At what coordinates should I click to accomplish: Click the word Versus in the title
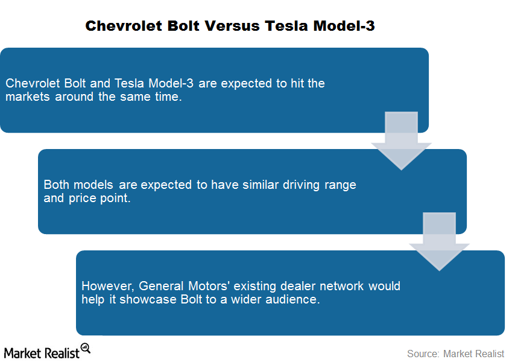[x=232, y=26]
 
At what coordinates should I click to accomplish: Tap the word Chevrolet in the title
[x=124, y=26]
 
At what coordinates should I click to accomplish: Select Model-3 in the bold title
[x=344, y=26]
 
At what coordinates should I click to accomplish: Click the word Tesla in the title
[x=286, y=26]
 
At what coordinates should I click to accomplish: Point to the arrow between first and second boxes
[x=401, y=141]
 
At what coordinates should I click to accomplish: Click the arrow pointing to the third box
[x=439, y=241]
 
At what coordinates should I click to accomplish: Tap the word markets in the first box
[x=28, y=97]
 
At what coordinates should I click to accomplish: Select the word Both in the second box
[x=56, y=185]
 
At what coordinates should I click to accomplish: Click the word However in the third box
[x=107, y=287]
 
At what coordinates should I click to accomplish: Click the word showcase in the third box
[x=148, y=299]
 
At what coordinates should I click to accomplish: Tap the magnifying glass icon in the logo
[x=86, y=348]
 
